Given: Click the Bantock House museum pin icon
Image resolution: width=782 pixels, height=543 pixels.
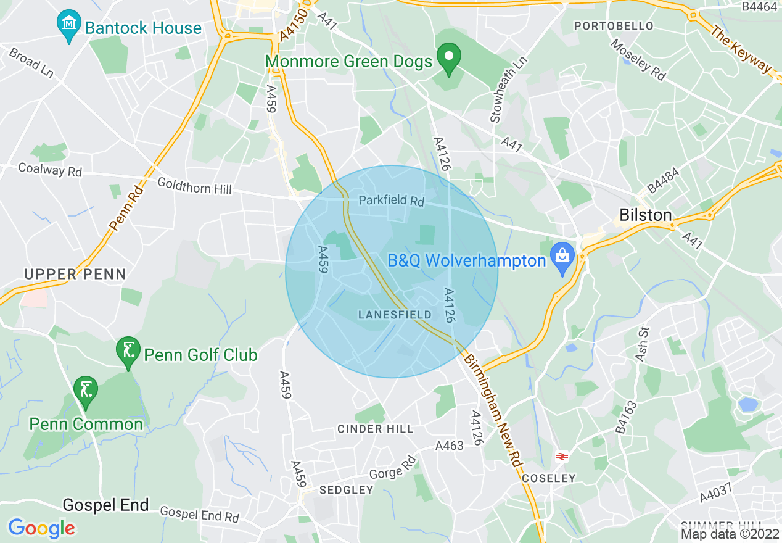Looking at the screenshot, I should point(69,25).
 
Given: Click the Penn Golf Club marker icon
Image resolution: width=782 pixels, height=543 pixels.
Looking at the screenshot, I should point(128,351).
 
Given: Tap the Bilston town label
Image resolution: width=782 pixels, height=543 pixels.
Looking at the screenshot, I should point(645,215).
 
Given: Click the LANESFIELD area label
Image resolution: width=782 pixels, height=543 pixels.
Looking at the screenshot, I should point(395,315).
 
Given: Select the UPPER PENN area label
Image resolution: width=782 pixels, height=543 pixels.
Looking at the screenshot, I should point(75,274).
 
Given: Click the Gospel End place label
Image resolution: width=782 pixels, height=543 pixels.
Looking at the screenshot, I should point(106,505).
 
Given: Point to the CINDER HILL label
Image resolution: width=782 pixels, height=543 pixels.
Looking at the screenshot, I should point(375,429).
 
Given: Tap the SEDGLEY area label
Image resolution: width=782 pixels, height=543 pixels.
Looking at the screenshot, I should point(346,490).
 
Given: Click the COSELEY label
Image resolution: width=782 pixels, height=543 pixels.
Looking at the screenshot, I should point(548,478).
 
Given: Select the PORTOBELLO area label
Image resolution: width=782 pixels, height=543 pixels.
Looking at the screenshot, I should point(613,26).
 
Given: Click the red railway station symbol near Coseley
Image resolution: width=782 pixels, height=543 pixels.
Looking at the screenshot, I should point(561,457).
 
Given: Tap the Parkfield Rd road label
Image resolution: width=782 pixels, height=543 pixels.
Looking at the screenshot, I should point(392,201).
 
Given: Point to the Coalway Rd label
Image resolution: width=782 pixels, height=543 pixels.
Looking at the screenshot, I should point(50,169).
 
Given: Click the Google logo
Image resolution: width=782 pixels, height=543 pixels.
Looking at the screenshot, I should point(41,528).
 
